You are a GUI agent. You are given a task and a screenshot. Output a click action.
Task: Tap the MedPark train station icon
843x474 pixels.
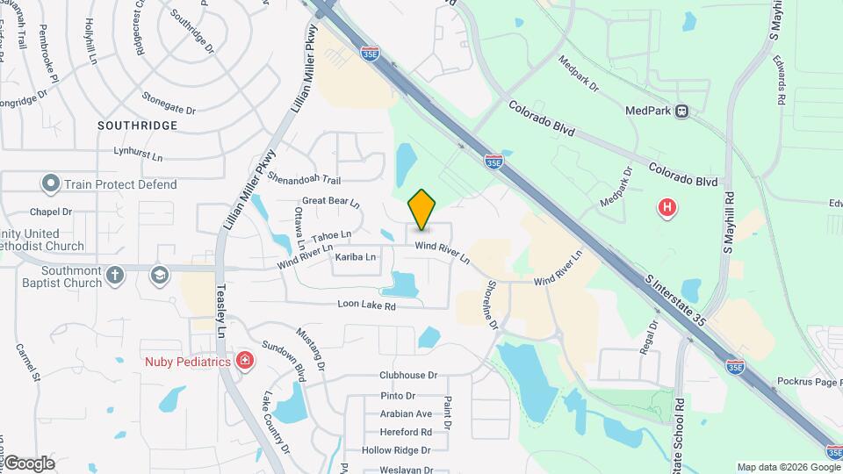(x=681, y=111)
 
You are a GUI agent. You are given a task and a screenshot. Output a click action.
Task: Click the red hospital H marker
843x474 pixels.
(x=667, y=208)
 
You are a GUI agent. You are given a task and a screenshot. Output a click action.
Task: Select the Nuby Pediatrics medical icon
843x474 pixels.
(x=244, y=361)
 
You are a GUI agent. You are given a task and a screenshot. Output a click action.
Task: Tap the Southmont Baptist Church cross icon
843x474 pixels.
(x=115, y=276)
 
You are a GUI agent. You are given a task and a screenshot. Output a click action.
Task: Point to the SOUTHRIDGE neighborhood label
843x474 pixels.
(x=137, y=126)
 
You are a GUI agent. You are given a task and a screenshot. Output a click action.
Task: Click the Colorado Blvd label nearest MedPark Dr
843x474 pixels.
(x=541, y=118)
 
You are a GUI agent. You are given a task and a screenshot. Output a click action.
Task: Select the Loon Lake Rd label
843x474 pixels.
(x=367, y=305)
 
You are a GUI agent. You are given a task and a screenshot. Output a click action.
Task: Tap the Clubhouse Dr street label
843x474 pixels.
(x=408, y=375)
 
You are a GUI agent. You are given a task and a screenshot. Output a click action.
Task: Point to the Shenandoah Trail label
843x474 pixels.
(x=305, y=180)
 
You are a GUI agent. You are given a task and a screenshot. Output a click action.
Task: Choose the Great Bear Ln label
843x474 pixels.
(x=331, y=202)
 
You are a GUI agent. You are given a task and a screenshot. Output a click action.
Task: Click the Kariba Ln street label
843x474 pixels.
(x=356, y=257)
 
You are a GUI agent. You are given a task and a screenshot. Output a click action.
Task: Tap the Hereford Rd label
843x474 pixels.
(x=406, y=432)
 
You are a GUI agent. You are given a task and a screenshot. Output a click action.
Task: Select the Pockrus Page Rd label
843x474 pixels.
(x=809, y=382)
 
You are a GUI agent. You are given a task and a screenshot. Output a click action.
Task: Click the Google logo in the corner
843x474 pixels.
(x=29, y=463)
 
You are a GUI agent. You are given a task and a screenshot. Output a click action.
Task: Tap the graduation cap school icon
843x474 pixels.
(x=159, y=276)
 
